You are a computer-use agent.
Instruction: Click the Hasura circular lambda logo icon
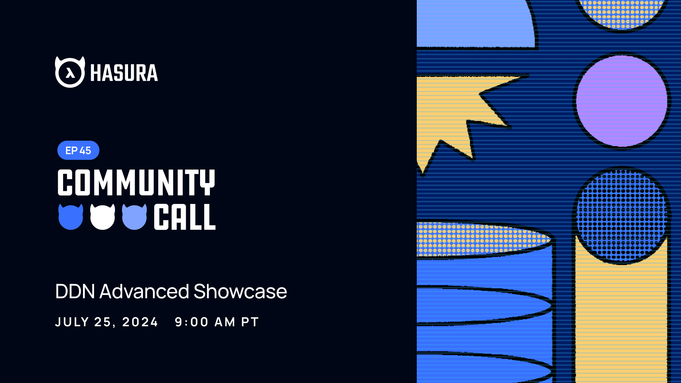(x=70, y=72)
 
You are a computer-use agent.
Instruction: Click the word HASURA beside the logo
(x=124, y=73)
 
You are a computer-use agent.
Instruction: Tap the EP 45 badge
(x=78, y=150)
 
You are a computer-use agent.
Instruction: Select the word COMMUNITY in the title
(x=136, y=182)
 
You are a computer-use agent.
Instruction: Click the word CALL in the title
(x=184, y=217)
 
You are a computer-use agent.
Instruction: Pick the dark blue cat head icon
(x=71, y=217)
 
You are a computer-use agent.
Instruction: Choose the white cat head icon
(x=103, y=217)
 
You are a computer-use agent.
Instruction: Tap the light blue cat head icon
(x=134, y=217)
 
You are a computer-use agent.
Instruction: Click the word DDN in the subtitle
(x=75, y=292)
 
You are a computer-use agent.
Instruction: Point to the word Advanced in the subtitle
(x=144, y=292)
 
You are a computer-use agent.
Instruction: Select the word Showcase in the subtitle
(x=240, y=292)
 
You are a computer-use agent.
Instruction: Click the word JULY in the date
(x=72, y=322)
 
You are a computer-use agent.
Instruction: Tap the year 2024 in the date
(x=140, y=322)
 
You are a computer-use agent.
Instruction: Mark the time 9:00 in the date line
(x=192, y=322)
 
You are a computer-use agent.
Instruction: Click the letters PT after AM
(x=250, y=322)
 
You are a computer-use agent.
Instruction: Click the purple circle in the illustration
(x=621, y=101)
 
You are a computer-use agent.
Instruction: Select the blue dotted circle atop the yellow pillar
(x=621, y=215)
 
